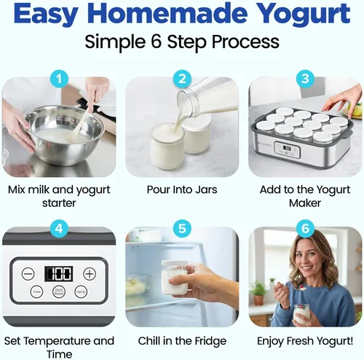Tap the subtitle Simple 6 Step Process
click(x=182, y=42)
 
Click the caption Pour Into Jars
click(x=182, y=189)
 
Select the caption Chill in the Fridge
click(x=182, y=340)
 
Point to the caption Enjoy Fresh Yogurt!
click(x=305, y=340)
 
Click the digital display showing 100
click(x=58, y=274)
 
